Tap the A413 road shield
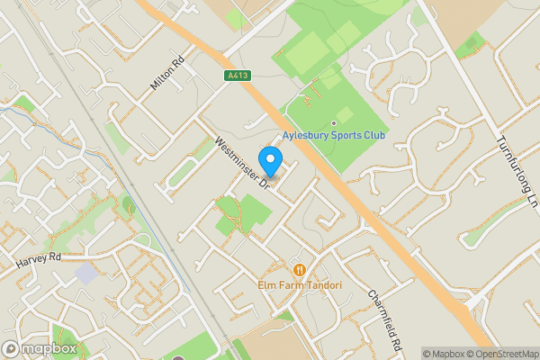coord(237,76)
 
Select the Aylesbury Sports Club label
coord(334,136)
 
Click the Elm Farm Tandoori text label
coord(300,285)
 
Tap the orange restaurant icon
coord(299,269)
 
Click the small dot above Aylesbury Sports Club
coord(334,122)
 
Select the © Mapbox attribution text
coord(442,353)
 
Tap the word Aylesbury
coord(305,136)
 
